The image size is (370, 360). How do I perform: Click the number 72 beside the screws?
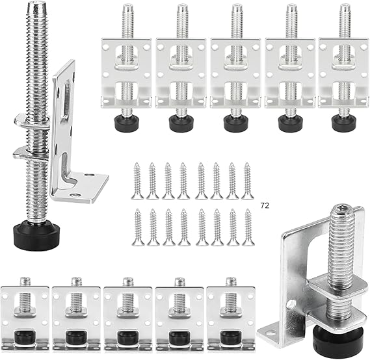tap(264, 205)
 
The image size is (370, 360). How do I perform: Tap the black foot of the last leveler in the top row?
tap(343, 122)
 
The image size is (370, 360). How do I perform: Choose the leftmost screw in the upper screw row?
tap(138, 181)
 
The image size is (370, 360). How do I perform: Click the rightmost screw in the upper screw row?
tap(247, 181)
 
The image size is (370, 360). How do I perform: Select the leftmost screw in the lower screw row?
tap(138, 227)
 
